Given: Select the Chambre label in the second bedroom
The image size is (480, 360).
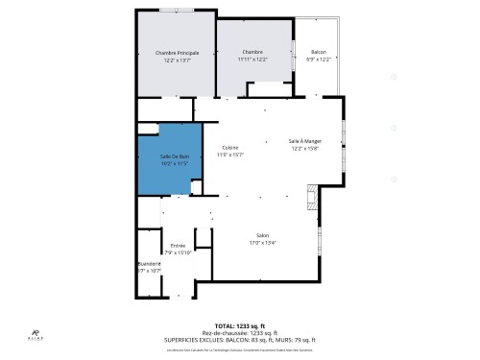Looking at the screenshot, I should click(252, 52).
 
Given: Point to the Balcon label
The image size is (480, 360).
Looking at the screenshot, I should click(318, 52).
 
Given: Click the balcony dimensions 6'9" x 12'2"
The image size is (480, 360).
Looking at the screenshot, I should click(318, 59).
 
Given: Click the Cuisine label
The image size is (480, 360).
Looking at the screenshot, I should click(230, 147).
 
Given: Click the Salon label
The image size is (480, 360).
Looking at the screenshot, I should click(262, 235).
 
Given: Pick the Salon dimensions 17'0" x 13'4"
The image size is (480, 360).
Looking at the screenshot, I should click(262, 243).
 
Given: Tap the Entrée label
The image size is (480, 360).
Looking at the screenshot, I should click(179, 246).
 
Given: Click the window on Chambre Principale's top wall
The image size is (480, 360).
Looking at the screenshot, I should click(174, 11).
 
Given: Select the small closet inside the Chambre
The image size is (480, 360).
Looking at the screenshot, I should click(270, 90).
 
